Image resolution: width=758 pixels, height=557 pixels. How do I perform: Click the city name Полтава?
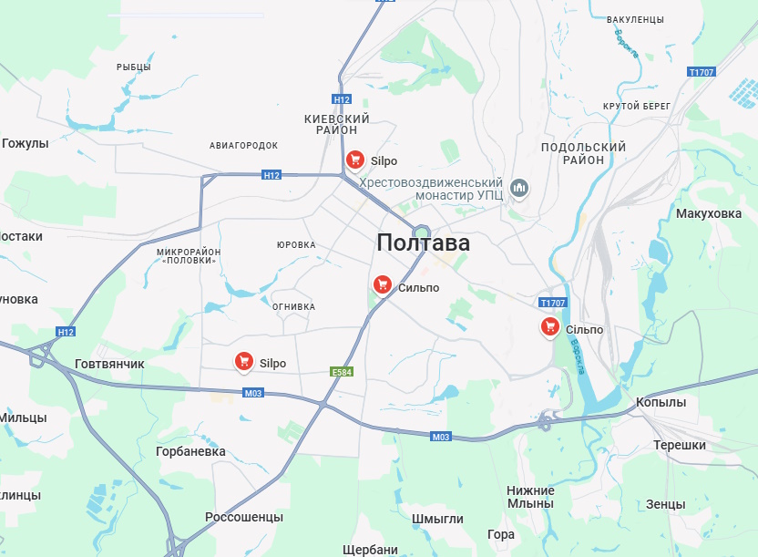[423, 243]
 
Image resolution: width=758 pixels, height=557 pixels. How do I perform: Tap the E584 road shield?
[341, 371]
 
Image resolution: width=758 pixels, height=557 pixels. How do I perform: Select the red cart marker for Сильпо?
[383, 285]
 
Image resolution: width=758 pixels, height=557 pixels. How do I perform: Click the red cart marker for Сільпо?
[549, 326]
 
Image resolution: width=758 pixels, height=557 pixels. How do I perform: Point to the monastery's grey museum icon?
[519, 189]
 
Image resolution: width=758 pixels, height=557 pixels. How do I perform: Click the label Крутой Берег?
[636, 107]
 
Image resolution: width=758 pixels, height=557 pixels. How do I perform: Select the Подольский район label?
[583, 153]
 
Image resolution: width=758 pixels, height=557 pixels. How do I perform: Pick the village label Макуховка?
[709, 213]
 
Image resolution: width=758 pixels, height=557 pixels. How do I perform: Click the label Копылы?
[661, 402]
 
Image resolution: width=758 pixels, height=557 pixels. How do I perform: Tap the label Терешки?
[680, 445]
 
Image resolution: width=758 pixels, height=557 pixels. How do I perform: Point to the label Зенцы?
[665, 504]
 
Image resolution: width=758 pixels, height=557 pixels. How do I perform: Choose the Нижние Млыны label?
[530, 497]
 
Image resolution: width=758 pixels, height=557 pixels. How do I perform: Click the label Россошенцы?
[244, 517]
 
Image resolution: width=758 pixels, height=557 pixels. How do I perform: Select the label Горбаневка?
[190, 451]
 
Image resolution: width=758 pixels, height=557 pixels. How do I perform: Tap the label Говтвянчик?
[109, 364]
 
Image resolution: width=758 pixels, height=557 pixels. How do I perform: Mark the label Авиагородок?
[243, 145]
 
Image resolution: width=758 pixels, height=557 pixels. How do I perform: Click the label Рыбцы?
[134, 67]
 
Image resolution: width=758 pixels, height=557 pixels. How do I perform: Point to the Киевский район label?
[336, 125]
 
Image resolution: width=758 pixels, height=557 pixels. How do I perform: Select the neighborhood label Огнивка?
[293, 306]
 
